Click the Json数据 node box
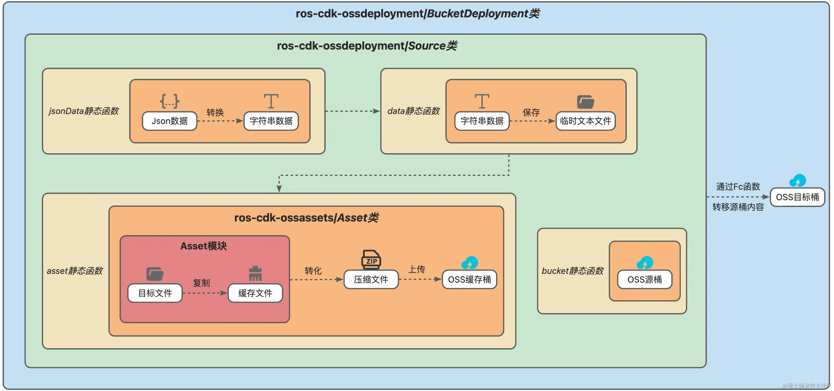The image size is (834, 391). point(169,121)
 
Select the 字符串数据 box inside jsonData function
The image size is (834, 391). point(271,121)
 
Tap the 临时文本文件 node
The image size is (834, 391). point(585,121)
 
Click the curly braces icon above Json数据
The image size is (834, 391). point(169,101)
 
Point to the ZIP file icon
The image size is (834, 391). point(371,259)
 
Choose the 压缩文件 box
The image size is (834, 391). point(371,279)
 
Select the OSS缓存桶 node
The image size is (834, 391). point(469,279)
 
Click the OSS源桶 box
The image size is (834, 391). point(645,279)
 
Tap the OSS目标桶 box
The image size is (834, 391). point(797,197)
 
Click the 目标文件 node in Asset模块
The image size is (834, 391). point(155,293)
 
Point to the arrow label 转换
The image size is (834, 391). point(215,112)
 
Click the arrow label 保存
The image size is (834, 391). point(531,112)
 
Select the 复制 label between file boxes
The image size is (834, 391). point(201,283)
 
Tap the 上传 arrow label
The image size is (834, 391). point(417,269)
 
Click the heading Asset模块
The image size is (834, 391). point(203,246)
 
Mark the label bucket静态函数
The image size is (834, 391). point(573,271)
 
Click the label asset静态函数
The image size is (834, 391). point(74,271)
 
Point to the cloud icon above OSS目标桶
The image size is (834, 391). point(797,181)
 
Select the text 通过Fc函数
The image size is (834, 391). point(738,187)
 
